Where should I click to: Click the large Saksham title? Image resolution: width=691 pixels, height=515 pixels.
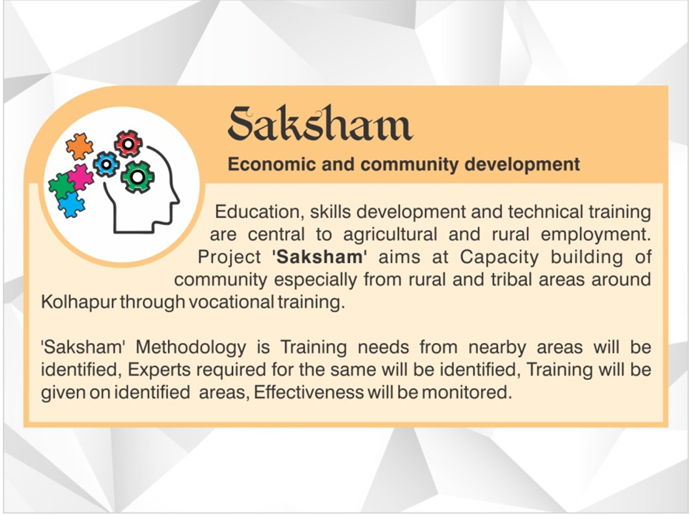[320, 123]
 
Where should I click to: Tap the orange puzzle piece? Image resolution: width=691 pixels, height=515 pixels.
[80, 146]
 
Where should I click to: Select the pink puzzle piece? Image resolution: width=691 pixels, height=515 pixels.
[80, 177]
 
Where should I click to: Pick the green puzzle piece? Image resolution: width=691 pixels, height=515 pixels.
[62, 186]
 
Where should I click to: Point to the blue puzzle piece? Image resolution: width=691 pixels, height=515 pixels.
[71, 205]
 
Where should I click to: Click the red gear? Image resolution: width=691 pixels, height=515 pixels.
[128, 144]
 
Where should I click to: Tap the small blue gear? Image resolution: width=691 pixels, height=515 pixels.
[106, 164]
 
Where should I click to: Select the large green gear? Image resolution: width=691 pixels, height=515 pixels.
[137, 177]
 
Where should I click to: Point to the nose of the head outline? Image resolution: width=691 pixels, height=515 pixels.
[178, 201]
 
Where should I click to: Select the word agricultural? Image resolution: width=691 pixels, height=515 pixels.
[390, 234]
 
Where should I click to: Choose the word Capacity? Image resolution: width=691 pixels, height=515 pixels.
[499, 258]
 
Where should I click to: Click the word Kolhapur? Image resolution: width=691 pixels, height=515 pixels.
[79, 303]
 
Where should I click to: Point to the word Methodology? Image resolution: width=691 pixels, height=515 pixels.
[191, 348]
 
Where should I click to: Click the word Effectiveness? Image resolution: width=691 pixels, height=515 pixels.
[309, 392]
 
